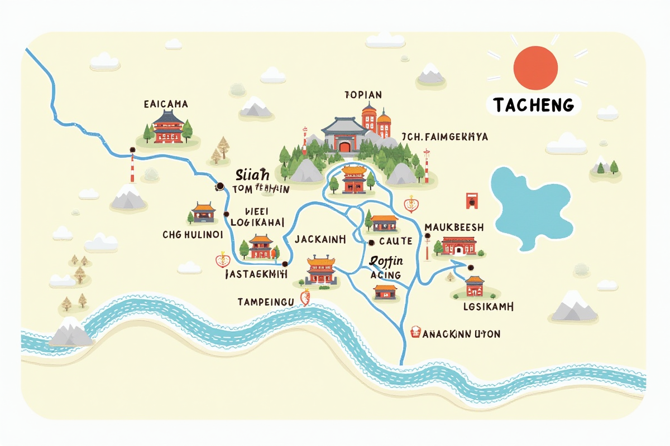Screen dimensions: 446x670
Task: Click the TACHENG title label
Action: click(534, 104)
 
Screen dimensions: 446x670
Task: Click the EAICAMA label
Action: click(166, 104)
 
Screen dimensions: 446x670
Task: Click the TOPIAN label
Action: click(363, 95)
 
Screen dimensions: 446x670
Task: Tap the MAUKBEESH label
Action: click(454, 227)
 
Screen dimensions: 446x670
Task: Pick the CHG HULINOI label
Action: click(193, 235)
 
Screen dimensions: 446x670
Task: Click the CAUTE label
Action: click(395, 241)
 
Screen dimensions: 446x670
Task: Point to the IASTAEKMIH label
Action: click(256, 274)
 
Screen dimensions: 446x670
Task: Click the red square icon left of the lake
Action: click(472, 200)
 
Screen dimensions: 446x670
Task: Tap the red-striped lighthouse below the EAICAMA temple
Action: click(133, 166)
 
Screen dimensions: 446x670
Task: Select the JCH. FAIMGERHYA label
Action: click(444, 137)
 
